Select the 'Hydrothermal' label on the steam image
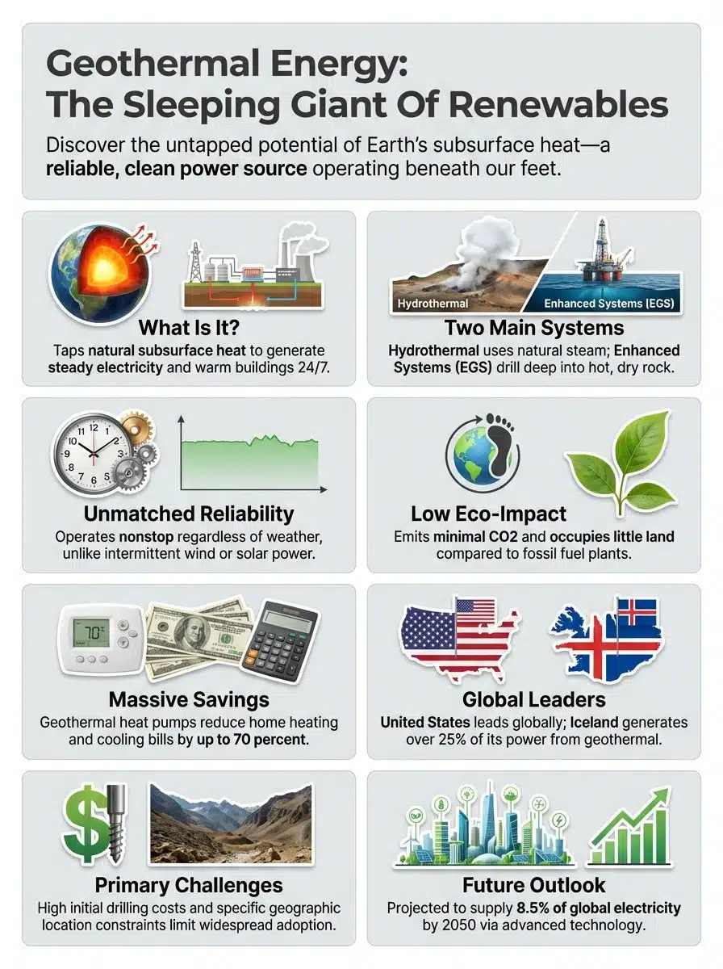(432, 304)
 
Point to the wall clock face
(91, 452)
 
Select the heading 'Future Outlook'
(534, 884)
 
